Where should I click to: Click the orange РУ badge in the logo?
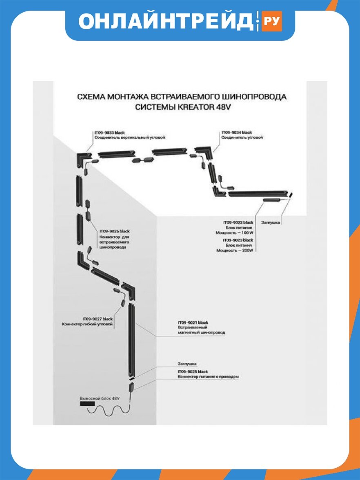click(x=271, y=21)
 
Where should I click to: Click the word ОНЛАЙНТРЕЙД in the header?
click(x=166, y=21)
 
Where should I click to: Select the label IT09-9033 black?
click(x=109, y=133)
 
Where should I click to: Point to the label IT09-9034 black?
click(x=237, y=133)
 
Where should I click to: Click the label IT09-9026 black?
click(x=114, y=231)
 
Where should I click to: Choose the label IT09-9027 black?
click(x=98, y=319)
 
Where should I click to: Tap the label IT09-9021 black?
click(x=193, y=322)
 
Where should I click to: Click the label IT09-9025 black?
click(x=193, y=371)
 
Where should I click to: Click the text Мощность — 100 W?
click(x=234, y=233)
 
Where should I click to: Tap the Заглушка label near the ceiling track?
click(x=271, y=222)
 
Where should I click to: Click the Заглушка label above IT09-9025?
click(x=187, y=364)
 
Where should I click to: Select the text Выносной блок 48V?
click(x=100, y=398)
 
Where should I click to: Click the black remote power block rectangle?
click(x=87, y=404)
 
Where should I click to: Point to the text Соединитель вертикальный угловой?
click(x=130, y=138)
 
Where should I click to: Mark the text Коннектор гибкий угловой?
click(x=87, y=324)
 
